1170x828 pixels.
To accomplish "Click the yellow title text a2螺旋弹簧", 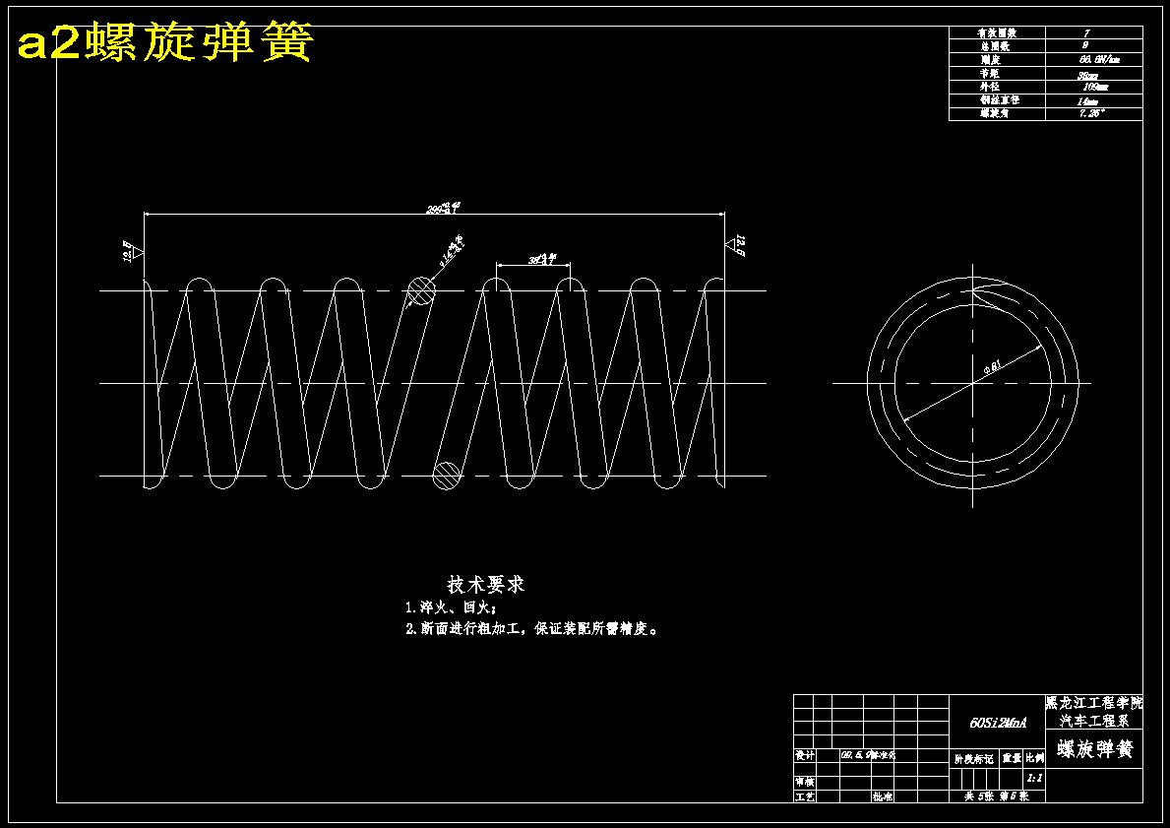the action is pos(165,43).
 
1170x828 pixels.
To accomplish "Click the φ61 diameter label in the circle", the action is pos(992,368).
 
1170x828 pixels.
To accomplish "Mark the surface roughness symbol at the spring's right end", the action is pos(737,245).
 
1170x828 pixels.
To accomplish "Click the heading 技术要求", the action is pos(486,585).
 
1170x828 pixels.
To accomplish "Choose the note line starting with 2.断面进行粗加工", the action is pos(531,629).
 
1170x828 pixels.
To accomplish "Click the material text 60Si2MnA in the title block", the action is pos(997,723).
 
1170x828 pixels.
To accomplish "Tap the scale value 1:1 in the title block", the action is pos(1034,778).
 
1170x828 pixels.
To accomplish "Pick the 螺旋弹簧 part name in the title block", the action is pos(1095,750).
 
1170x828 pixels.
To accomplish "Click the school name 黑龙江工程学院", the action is pos(1094,704).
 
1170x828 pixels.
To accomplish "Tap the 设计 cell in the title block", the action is pos(804,756).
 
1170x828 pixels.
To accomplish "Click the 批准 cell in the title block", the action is pos(882,796).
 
